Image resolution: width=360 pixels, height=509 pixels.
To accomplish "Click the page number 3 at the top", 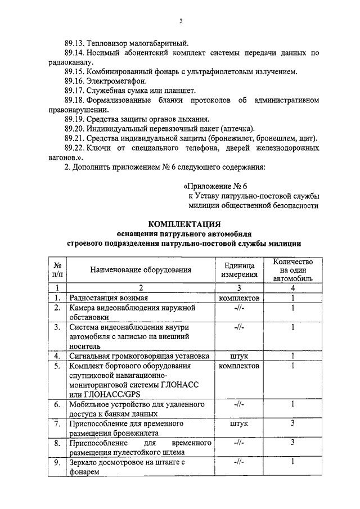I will click(181, 22).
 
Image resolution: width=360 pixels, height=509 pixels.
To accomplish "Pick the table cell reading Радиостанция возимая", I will click(109, 298).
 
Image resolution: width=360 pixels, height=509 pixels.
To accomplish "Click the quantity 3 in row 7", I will click(293, 423).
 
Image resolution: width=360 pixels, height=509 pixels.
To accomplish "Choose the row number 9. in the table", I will click(57, 462).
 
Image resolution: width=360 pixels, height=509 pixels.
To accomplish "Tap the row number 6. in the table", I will click(57, 404).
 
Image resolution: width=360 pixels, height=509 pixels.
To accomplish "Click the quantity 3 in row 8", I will click(293, 443).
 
